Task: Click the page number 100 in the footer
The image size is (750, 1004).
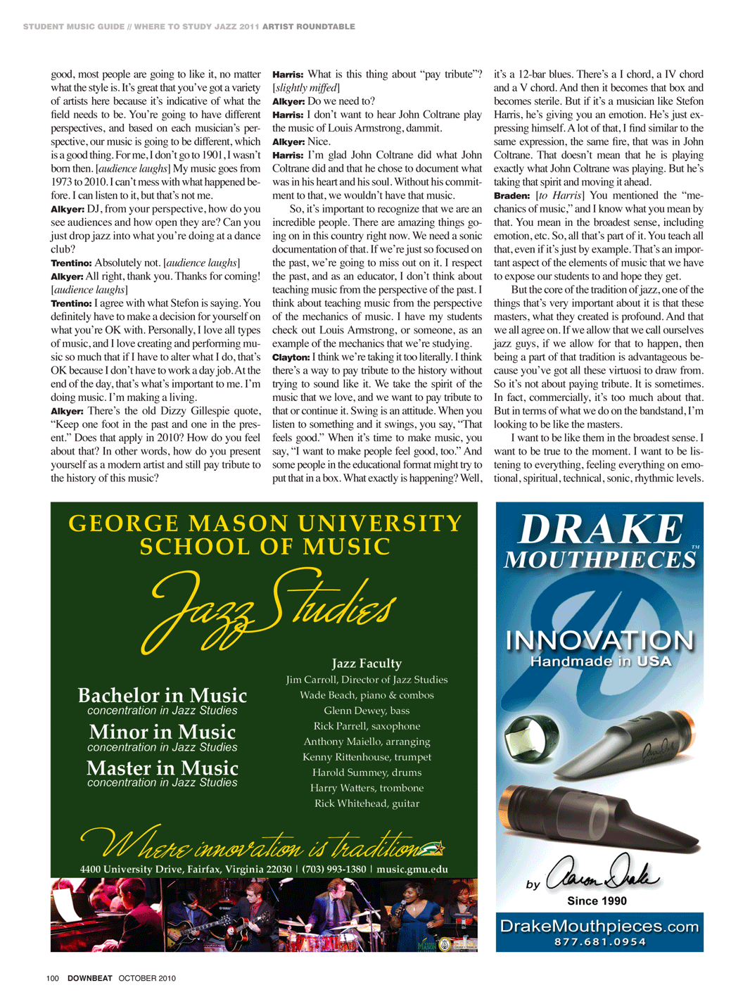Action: (52, 978)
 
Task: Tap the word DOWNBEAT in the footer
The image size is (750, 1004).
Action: (89, 978)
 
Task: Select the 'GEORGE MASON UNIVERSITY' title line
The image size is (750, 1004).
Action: (265, 523)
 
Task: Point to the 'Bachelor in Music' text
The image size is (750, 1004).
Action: (162, 695)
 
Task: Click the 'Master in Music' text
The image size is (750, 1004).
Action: (162, 768)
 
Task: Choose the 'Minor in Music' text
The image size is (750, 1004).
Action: (162, 732)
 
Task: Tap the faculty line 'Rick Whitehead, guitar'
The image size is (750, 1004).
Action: (367, 803)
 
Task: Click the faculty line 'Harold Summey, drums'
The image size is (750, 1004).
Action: (367, 773)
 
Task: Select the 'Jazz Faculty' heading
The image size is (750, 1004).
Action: (367, 663)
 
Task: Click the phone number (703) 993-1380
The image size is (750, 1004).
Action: (334, 869)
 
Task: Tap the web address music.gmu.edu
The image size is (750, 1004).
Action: (412, 869)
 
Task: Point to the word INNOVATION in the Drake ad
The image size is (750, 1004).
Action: (599, 640)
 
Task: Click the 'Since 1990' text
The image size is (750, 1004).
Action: (597, 901)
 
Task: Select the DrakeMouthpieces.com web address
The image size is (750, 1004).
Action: (599, 926)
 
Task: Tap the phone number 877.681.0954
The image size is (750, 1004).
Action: (599, 941)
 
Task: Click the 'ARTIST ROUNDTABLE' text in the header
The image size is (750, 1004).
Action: (308, 27)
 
